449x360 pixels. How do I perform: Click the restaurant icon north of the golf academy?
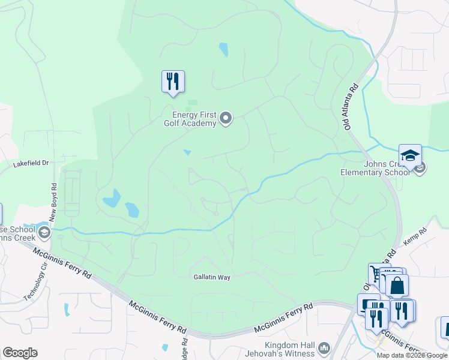[x=173, y=82]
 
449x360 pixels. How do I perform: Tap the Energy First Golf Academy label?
[x=193, y=119]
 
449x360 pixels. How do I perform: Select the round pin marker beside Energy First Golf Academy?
[x=226, y=119]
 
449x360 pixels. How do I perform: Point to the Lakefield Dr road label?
[x=31, y=163]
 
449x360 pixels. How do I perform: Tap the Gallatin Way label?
[x=212, y=277]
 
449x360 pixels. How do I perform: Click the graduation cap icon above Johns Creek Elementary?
[x=410, y=156]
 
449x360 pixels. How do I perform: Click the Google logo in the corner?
[x=20, y=353]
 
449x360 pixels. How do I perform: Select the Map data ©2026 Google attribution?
[x=412, y=355]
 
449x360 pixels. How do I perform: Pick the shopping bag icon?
[x=397, y=286]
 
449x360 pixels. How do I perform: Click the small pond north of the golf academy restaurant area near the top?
[x=223, y=49]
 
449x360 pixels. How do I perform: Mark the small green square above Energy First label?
[x=193, y=103]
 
